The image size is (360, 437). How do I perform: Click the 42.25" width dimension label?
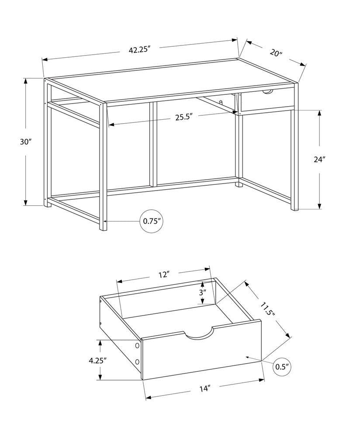139,49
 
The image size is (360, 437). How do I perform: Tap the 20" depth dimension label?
276,53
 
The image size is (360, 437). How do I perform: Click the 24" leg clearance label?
320,160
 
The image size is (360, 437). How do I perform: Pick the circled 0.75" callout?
152,221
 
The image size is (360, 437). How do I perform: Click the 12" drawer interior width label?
164,274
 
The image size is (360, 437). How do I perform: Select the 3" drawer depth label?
202,292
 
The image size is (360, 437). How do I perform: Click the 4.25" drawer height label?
98,361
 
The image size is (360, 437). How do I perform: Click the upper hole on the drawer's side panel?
137,346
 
